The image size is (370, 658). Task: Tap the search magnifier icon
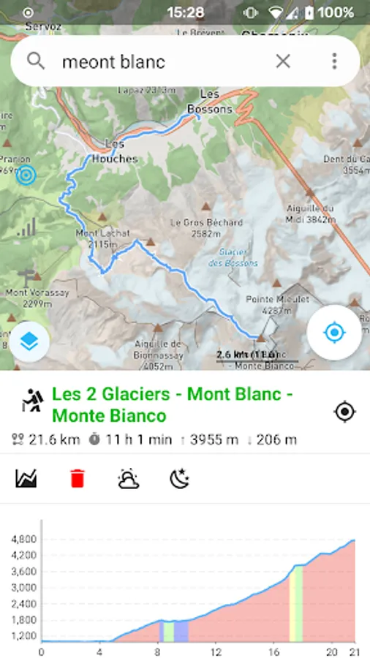point(36,61)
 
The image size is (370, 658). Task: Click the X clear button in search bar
point(283,61)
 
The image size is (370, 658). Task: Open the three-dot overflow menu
point(334,61)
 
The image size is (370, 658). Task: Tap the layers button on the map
point(30,341)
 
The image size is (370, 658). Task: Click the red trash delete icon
point(77,479)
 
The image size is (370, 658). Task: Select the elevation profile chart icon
point(26,479)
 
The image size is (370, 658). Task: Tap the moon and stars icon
point(180,479)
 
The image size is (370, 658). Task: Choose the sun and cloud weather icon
point(129,479)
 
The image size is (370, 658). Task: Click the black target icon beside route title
point(344,412)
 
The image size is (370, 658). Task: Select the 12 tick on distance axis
point(216,651)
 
